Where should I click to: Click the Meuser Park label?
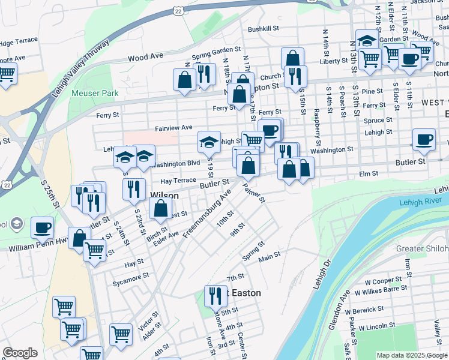click(x=95, y=93)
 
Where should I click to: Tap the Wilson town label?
click(x=164, y=194)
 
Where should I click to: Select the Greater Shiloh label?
click(x=422, y=248)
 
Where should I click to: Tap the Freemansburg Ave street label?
click(x=207, y=213)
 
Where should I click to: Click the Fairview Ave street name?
click(x=173, y=128)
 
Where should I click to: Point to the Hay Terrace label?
click(x=178, y=181)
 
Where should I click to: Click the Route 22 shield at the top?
click(x=178, y=11)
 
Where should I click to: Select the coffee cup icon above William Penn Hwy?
click(x=42, y=227)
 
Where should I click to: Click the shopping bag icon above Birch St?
click(x=160, y=209)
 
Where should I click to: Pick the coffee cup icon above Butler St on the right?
click(x=424, y=139)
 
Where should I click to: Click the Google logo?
click(x=20, y=353)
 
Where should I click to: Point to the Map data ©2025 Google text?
click(x=412, y=355)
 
